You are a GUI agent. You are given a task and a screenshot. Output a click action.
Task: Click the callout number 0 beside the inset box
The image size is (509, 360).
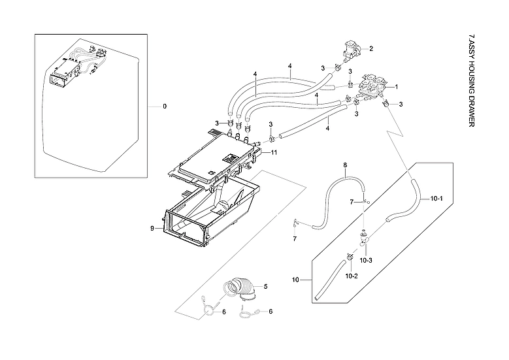click(x=165, y=106)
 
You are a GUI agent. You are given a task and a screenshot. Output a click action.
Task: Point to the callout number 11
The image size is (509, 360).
click(x=274, y=152)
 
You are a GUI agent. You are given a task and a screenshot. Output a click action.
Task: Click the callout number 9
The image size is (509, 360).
click(x=152, y=229)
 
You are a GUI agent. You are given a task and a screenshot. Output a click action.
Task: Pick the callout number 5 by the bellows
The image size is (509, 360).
click(x=266, y=286)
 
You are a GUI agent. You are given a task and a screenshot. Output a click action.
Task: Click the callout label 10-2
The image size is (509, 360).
click(x=352, y=276)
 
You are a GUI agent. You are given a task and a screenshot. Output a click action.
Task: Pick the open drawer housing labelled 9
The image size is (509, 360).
click(x=209, y=209)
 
